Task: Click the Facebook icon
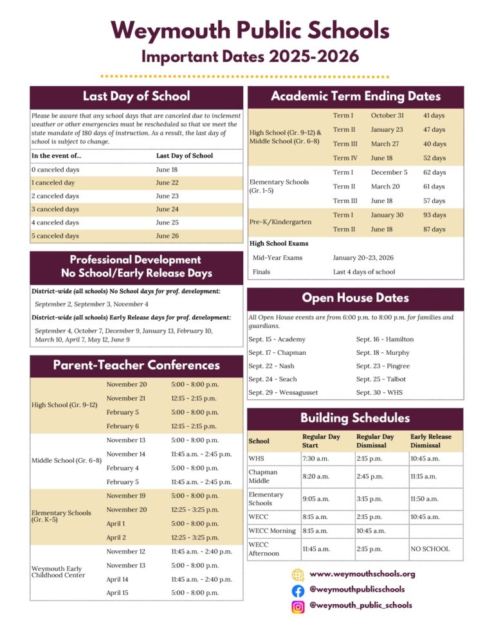298,590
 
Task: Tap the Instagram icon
298,606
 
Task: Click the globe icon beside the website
298,574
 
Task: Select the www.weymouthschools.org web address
362,573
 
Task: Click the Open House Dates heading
355,298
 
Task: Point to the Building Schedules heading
355,418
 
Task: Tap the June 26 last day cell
167,236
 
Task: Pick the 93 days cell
433,215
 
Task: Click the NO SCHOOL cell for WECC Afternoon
430,549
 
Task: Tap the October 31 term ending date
387,115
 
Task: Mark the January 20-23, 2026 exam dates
363,258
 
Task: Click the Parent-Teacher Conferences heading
136,365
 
